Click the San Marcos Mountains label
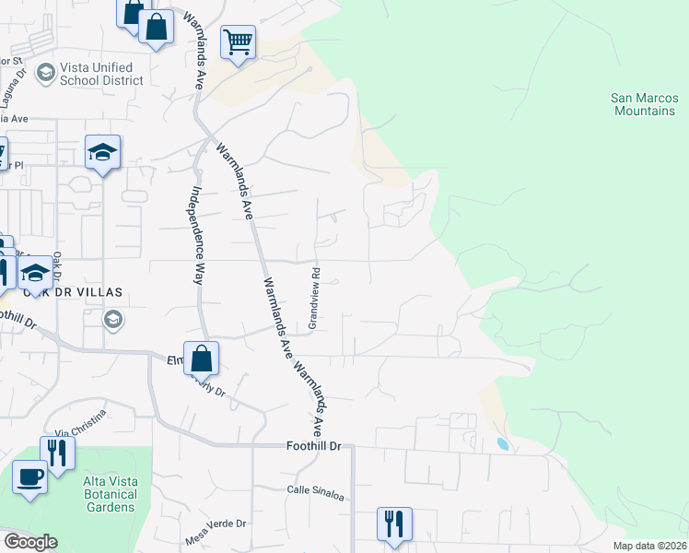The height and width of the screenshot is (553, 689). tap(643, 104)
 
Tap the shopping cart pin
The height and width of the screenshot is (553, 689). tap(238, 42)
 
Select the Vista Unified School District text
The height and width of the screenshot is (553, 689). tap(97, 74)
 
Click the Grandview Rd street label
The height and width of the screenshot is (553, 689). tap(314, 298)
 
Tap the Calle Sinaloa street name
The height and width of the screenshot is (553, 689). tap(315, 495)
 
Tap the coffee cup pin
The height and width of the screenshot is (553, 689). tap(30, 477)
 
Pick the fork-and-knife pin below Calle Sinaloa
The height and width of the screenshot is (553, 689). tap(394, 524)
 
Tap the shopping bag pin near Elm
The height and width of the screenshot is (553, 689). tap(202, 358)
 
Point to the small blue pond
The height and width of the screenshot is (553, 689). tap(502, 444)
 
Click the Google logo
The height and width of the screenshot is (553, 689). tap(30, 542)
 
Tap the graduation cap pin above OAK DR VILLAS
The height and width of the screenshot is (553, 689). tap(36, 273)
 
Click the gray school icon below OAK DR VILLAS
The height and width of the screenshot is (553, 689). tap(114, 320)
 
